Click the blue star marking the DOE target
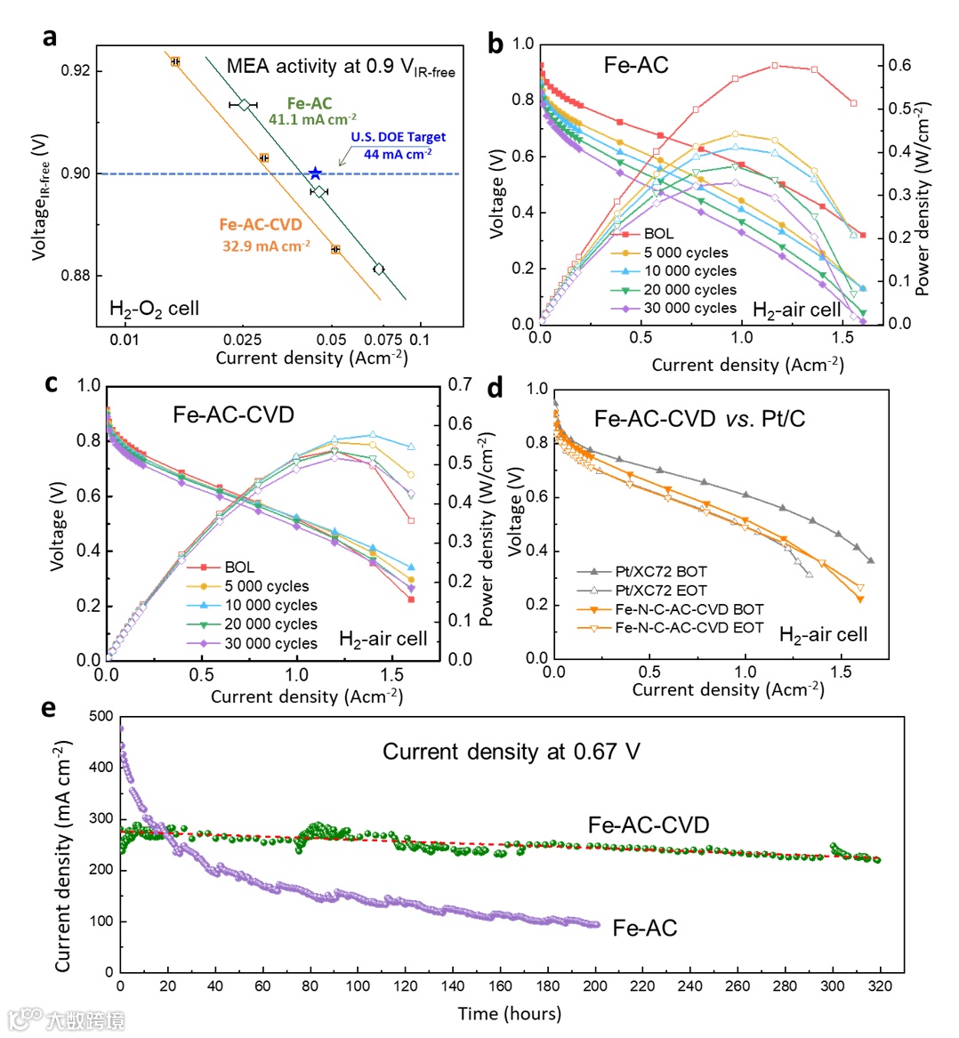(315, 173)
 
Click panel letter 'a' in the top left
(50, 37)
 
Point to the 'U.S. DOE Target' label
(398, 137)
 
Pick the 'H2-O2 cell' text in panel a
(154, 309)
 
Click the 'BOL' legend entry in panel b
(658, 234)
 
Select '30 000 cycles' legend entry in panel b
(690, 308)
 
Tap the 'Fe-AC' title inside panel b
(636, 65)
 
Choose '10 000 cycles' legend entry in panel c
(270, 605)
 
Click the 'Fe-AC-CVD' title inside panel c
(233, 414)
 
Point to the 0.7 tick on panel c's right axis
(460, 384)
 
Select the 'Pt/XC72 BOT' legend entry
(661, 571)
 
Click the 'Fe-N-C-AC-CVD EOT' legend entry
(689, 627)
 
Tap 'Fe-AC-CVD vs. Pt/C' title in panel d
(699, 418)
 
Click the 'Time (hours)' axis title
(510, 1013)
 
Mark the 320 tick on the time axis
(881, 986)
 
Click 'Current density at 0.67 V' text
(511, 752)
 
